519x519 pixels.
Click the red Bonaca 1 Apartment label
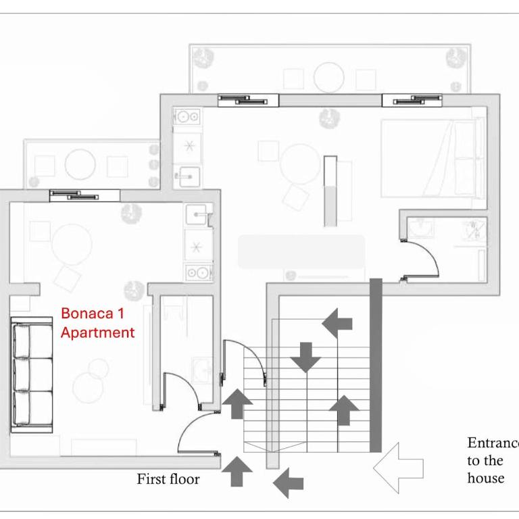pyautogui.click(x=97, y=323)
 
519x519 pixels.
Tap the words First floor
pyautogui.click(x=168, y=479)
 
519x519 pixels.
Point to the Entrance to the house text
pyautogui.click(x=493, y=460)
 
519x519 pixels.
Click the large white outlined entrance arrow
pyautogui.click(x=398, y=468)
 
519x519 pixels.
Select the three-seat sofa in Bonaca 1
pyautogui.click(x=32, y=374)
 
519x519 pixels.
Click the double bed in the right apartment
pyautogui.click(x=433, y=159)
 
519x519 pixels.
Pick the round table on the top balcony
pyautogui.click(x=329, y=78)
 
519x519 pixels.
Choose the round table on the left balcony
pyautogui.click(x=80, y=164)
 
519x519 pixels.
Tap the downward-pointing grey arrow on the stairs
pyautogui.click(x=305, y=357)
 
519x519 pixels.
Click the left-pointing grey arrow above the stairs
pyautogui.click(x=337, y=324)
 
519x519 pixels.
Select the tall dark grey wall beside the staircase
pyautogui.click(x=376, y=366)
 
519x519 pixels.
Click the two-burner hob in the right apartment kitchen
pyautogui.click(x=187, y=116)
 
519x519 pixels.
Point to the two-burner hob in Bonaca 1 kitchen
pyautogui.click(x=199, y=273)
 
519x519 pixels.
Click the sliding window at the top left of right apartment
pyautogui.click(x=248, y=100)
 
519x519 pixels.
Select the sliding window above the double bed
pyautogui.click(x=412, y=100)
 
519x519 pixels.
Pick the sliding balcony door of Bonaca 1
pyautogui.click(x=84, y=195)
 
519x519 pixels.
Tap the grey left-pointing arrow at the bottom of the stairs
pyautogui.click(x=289, y=483)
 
